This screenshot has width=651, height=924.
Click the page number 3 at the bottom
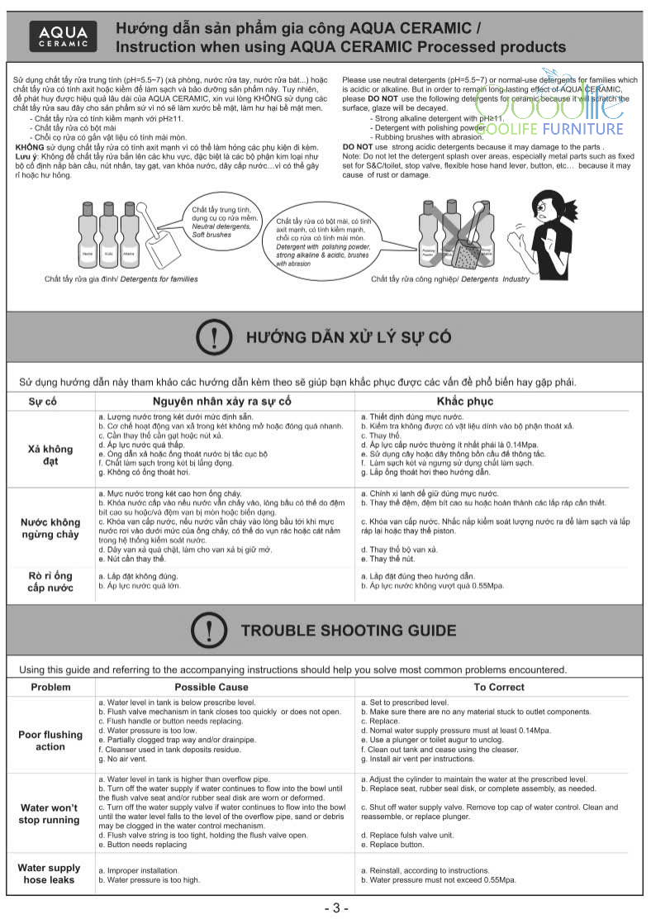335,908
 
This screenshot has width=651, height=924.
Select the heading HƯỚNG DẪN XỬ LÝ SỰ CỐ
349,337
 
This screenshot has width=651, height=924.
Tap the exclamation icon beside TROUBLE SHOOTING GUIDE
209,631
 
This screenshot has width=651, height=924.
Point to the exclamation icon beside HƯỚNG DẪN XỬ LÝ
214,337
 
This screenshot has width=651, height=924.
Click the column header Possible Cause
211,687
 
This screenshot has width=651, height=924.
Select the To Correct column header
498,687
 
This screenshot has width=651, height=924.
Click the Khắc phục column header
466,402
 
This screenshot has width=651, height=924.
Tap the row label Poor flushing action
50,741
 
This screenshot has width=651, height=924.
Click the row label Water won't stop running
50,813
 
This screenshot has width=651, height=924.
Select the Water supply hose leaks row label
50,874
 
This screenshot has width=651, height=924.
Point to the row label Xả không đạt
50,455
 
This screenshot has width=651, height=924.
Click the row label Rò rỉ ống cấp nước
50,581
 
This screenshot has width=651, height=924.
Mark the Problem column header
50,687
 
